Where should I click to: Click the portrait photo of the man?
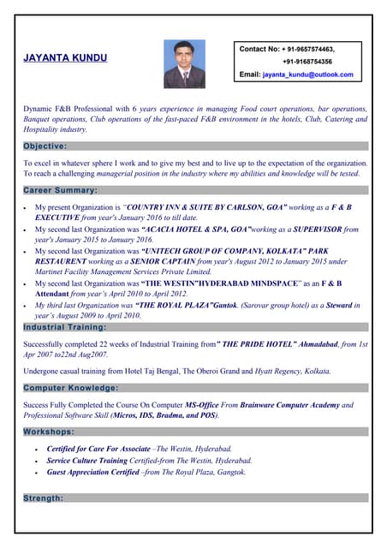tap(184, 64)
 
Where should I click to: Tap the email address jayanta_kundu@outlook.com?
tap(307, 75)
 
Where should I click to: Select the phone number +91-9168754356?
tap(307, 62)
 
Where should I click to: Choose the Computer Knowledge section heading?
tap(71, 388)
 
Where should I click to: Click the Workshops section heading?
tap(48, 432)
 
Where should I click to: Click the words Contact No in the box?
tap(259, 49)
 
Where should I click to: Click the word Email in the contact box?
tap(249, 75)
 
